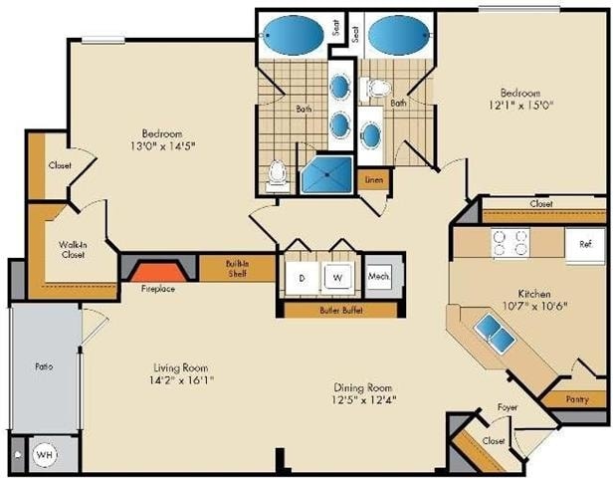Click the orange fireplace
[x=158, y=272]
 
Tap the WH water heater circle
[x=45, y=455]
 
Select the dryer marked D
[x=302, y=278]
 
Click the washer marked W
[x=337, y=277]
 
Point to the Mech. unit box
[x=379, y=276]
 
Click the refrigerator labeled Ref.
[x=585, y=245]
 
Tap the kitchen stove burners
[x=511, y=243]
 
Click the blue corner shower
[x=327, y=174]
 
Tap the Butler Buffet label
[x=341, y=311]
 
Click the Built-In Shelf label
[x=237, y=268]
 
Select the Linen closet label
[x=374, y=180]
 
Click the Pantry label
[x=577, y=399]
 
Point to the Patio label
[x=44, y=366]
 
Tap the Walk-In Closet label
[x=73, y=250]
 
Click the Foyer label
[x=508, y=407]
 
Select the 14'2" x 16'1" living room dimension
[x=182, y=379]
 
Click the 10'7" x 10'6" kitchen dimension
[x=534, y=306]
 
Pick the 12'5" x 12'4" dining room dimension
[x=364, y=399]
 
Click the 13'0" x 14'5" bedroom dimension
[x=162, y=146]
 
